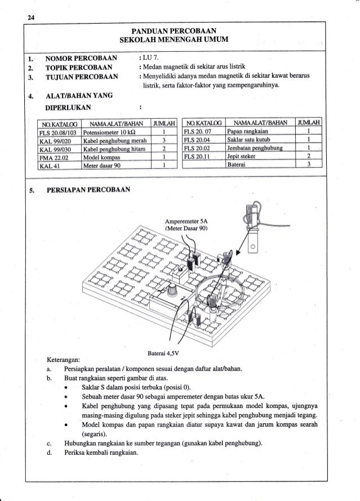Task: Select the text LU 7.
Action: click(x=152, y=57)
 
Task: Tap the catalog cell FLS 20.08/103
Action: click(x=58, y=132)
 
